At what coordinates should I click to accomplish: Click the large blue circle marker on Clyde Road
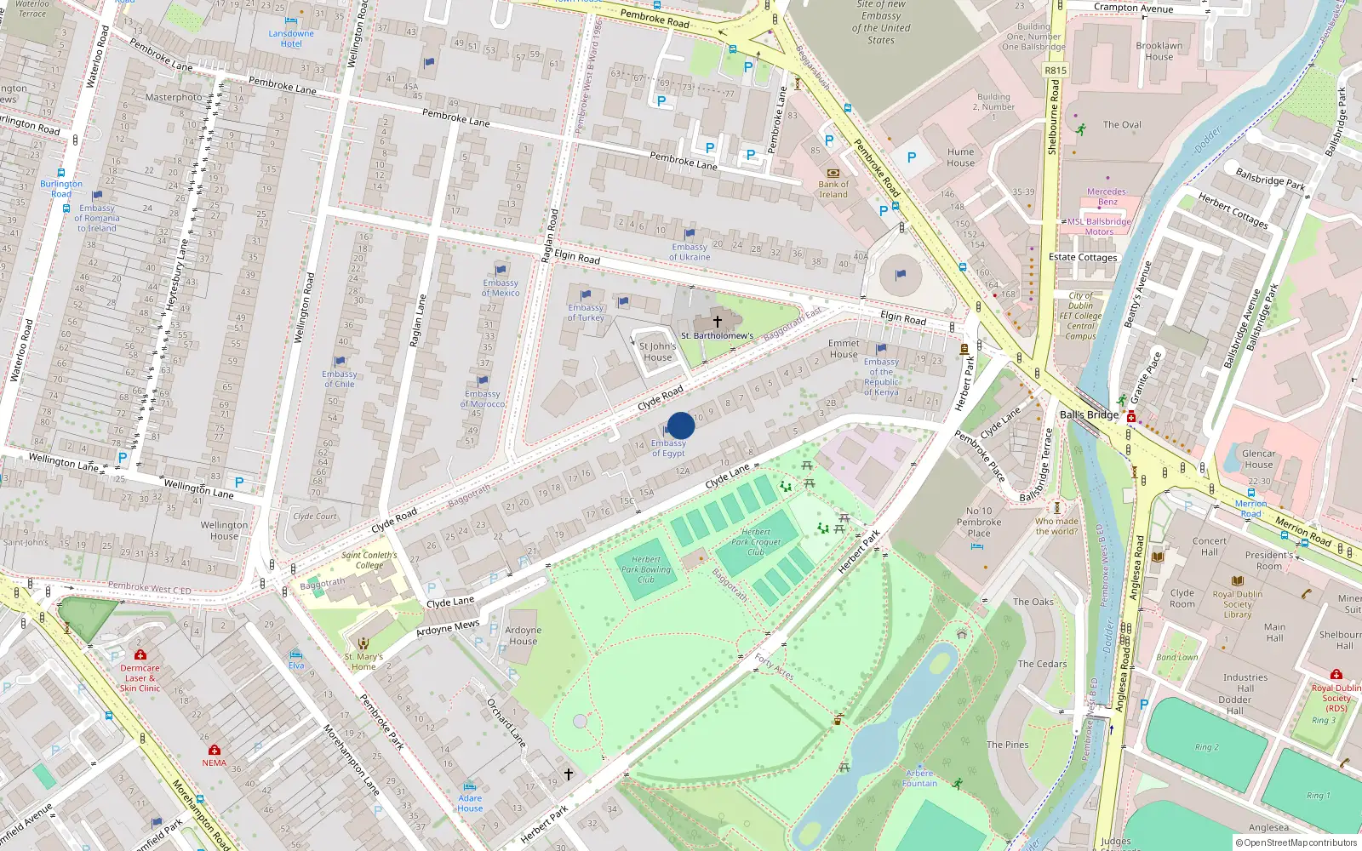(x=680, y=425)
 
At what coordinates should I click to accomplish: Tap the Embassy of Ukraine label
(x=689, y=252)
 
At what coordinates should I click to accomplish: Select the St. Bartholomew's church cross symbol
(x=717, y=321)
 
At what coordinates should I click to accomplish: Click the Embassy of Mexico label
(x=501, y=288)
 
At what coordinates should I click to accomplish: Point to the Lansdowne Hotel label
(x=291, y=38)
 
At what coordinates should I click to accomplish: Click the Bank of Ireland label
(x=833, y=189)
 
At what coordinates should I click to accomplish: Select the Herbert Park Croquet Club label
(x=755, y=541)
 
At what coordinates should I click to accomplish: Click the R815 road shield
(x=1056, y=71)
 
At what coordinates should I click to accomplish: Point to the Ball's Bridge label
(x=1089, y=414)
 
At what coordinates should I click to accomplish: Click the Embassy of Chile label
(x=340, y=379)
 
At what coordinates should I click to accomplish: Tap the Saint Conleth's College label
(x=369, y=560)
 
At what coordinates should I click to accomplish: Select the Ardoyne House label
(x=523, y=636)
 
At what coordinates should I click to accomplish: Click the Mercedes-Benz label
(x=1107, y=197)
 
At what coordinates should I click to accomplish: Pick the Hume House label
(x=960, y=157)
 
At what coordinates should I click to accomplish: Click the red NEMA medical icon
(x=214, y=750)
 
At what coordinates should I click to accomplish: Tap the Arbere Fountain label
(x=919, y=778)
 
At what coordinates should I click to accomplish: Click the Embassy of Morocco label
(x=483, y=398)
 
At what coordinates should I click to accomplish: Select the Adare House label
(x=470, y=802)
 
